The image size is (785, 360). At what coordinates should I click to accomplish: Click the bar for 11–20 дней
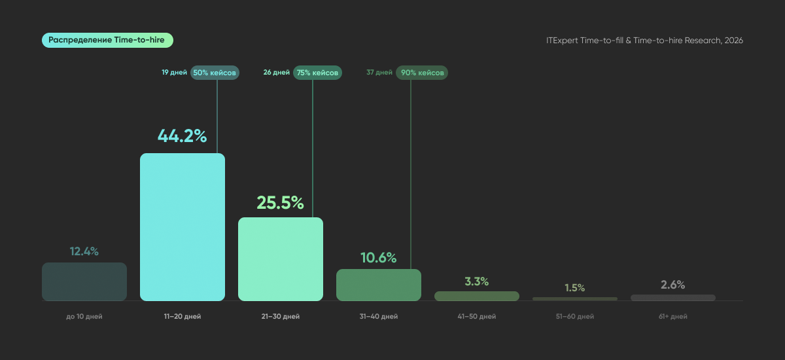tap(183, 226)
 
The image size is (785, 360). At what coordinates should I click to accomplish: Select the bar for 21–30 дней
tap(281, 259)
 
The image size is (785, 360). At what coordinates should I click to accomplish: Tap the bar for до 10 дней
tap(84, 281)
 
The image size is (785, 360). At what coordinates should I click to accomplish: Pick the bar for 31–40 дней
tap(379, 285)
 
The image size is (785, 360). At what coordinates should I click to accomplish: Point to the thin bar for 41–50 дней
tap(477, 296)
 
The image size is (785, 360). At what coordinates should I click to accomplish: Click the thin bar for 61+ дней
tap(673, 298)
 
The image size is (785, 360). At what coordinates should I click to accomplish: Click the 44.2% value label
tap(183, 136)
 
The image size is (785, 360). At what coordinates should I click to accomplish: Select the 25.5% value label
tap(281, 203)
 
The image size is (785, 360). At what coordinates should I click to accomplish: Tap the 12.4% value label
tap(84, 251)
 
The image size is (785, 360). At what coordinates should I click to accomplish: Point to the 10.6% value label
tap(379, 258)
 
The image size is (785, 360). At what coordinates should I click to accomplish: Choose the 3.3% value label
tap(477, 281)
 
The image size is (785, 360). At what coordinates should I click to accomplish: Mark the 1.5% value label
tap(575, 288)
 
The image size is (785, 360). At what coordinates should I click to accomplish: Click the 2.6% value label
tap(673, 285)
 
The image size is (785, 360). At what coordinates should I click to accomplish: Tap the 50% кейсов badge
tap(215, 73)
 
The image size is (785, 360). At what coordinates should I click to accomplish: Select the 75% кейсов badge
tap(317, 73)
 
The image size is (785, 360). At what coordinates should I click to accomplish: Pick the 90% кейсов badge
tap(422, 73)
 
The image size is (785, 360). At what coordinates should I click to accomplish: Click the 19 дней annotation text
tap(174, 73)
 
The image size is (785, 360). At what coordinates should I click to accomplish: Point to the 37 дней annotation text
tap(379, 73)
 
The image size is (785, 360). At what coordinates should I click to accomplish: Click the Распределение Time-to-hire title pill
tap(107, 41)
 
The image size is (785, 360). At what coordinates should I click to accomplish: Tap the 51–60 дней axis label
tap(575, 317)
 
